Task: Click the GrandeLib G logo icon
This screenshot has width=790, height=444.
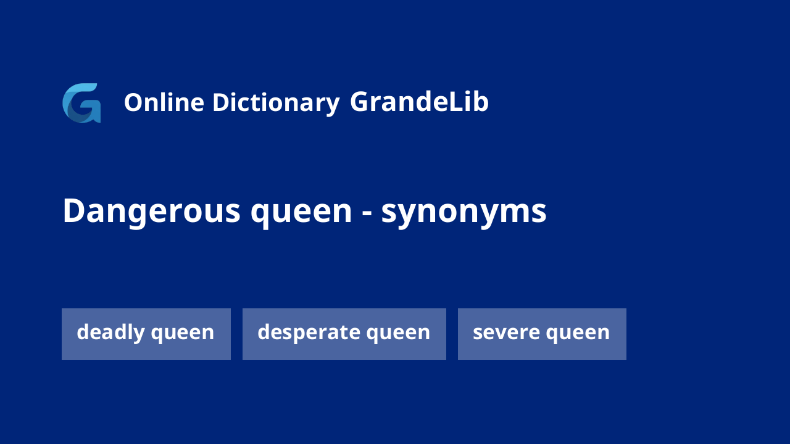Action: click(x=81, y=103)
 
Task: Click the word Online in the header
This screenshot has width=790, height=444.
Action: click(x=164, y=102)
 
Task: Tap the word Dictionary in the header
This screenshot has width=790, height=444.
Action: click(x=276, y=103)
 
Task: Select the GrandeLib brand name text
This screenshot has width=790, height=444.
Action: click(x=419, y=102)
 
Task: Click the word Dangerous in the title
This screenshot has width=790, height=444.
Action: click(x=152, y=212)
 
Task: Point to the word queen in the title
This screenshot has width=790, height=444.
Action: click(x=301, y=213)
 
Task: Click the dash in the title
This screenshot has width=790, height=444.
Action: click(x=367, y=213)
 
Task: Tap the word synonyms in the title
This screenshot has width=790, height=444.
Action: click(x=464, y=213)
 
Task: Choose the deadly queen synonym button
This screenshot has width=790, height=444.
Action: click(x=146, y=334)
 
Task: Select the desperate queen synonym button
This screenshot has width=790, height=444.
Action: click(x=344, y=334)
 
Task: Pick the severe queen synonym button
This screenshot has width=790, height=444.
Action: click(x=542, y=334)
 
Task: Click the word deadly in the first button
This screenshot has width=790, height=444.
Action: click(x=110, y=332)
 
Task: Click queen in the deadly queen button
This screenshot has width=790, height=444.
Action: click(x=183, y=334)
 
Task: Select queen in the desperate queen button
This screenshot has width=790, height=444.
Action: click(x=398, y=334)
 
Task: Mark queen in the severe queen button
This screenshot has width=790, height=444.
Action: click(x=578, y=334)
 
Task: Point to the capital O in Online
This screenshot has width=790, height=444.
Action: click(x=134, y=102)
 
